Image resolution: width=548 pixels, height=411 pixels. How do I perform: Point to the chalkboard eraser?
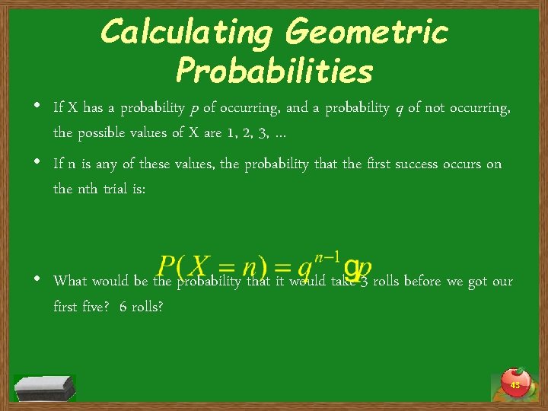tap(46, 387)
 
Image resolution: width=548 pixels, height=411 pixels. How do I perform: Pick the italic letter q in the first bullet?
tap(398, 108)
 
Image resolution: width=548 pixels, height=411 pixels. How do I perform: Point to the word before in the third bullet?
tap(423, 281)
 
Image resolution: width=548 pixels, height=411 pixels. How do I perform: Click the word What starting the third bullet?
tap(70, 281)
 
